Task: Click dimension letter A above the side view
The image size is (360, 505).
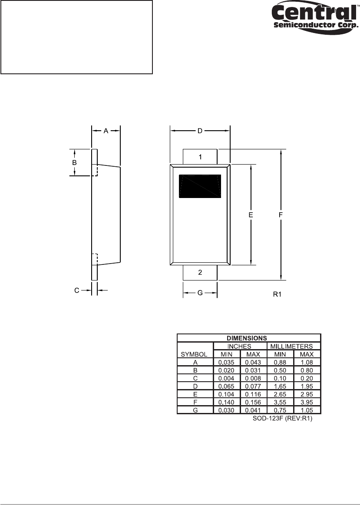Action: click(106, 131)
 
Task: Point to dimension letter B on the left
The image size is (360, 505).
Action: click(74, 162)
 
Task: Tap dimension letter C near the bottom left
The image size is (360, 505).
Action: click(76, 290)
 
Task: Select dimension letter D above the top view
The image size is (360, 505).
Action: click(200, 131)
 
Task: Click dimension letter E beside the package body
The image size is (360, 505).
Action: click(251, 215)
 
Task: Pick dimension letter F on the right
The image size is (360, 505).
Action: click(281, 215)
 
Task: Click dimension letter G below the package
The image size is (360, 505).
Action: click(200, 293)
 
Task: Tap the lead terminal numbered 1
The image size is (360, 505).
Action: click(200, 157)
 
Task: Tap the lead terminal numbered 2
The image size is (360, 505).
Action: click(200, 272)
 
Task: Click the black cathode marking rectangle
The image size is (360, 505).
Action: click(200, 186)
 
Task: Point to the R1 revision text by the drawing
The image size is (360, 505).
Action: click(277, 294)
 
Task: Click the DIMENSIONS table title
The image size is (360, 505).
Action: click(249, 338)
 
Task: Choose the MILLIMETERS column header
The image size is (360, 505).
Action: click(294, 346)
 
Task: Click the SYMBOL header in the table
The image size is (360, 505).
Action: click(195, 354)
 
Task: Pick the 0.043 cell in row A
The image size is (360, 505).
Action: click(253, 362)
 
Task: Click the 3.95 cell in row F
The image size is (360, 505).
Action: click(307, 402)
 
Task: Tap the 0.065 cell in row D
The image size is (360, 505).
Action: click(227, 386)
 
